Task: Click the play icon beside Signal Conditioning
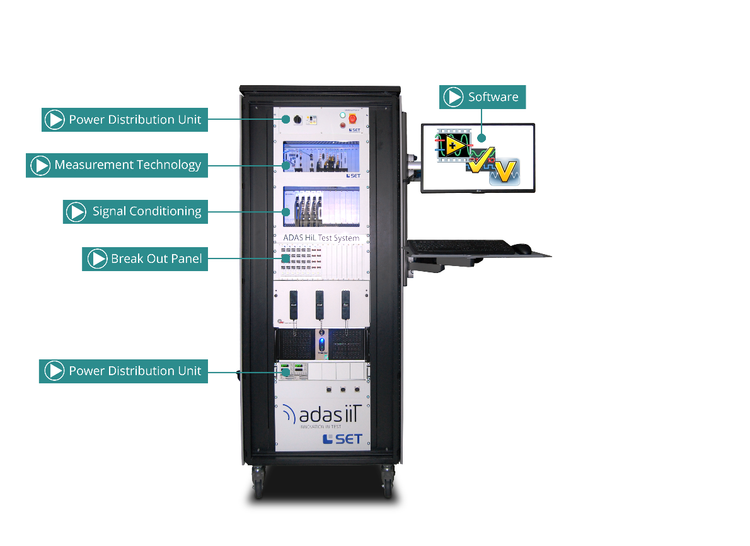point(76,212)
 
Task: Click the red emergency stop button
point(352,118)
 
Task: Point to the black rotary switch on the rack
point(297,119)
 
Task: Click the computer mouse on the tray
point(522,248)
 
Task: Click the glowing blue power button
point(322,344)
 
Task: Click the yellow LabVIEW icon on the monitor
point(454,146)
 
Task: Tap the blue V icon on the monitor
point(505,171)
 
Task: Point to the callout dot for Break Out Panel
point(286,258)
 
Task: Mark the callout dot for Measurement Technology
point(286,165)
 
